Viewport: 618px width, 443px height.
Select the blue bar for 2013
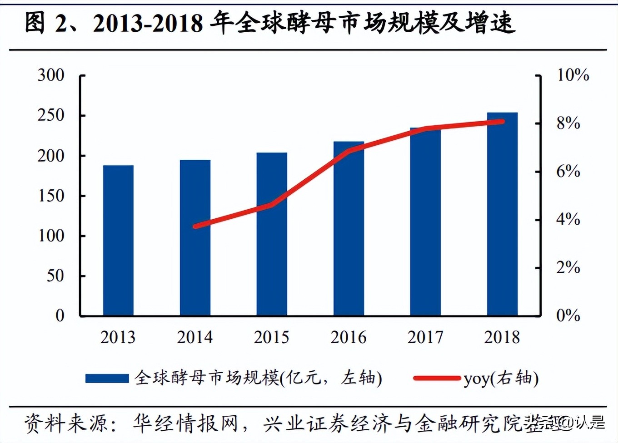[x=118, y=241]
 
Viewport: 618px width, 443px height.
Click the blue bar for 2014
[x=195, y=238]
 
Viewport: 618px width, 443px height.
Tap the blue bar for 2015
[x=272, y=234]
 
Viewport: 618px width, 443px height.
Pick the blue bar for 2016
[x=349, y=229]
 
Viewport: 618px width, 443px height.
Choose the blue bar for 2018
[x=502, y=214]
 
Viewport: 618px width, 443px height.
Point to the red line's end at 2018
[x=502, y=121]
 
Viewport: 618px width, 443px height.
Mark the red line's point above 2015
[x=272, y=205]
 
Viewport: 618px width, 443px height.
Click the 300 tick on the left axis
[x=51, y=75]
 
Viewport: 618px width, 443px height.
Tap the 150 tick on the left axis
[x=51, y=196]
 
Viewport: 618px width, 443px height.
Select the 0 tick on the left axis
[x=60, y=315]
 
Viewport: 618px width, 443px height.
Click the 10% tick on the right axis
[x=573, y=75]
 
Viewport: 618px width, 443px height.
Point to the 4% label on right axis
[x=568, y=220]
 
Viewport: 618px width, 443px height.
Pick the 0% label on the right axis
[x=568, y=315]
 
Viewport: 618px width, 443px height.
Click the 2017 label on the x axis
[x=425, y=338]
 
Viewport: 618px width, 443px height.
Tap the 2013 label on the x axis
[x=118, y=338]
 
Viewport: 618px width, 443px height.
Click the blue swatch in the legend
[x=107, y=378]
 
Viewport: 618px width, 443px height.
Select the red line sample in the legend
[x=436, y=378]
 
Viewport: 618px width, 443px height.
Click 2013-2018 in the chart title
[x=148, y=23]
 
